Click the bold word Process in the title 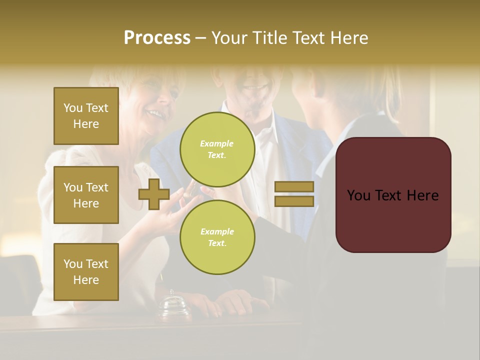click(x=157, y=38)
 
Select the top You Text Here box click(x=86, y=116)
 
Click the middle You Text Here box click(x=86, y=195)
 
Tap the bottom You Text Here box click(x=86, y=272)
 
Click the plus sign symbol click(x=154, y=194)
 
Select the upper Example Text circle click(x=217, y=149)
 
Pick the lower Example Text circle click(x=217, y=237)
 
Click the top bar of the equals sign click(x=294, y=187)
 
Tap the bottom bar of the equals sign click(x=294, y=201)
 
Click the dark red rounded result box click(x=393, y=195)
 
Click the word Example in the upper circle click(x=217, y=143)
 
